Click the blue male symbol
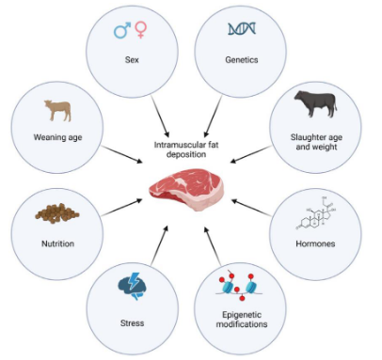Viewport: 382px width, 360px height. pyautogui.click(x=122, y=31)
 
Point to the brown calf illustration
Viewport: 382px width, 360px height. pyautogui.click(x=58, y=111)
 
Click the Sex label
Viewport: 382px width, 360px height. pyautogui.click(x=132, y=58)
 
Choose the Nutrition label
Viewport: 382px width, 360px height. pyautogui.click(x=56, y=243)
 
